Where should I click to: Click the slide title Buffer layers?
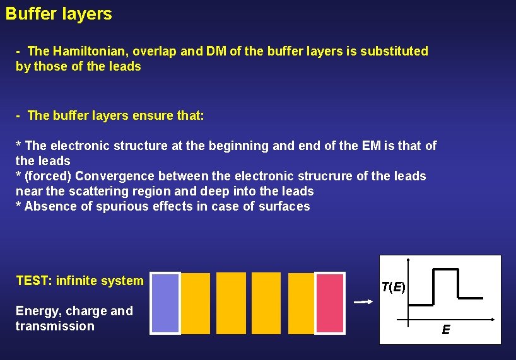pos(59,14)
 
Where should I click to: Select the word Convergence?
pos(115,176)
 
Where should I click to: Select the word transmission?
pos(55,326)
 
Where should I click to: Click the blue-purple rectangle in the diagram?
pos(165,303)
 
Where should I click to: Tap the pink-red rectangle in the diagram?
pos(330,303)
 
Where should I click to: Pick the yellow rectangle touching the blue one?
pos(196,303)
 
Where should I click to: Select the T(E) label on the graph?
pos(393,287)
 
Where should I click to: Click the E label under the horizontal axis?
pos(446,330)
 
